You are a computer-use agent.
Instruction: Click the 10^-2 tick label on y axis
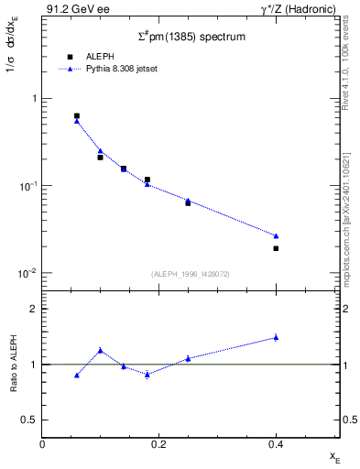27,273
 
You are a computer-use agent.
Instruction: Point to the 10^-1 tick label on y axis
27,186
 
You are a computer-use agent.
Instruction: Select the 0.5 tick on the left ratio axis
30,420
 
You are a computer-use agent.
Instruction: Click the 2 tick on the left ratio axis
34,309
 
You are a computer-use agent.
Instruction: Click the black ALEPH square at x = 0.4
276,248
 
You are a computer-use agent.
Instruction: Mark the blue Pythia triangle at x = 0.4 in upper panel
276,235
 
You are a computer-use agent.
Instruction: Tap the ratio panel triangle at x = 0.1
101,350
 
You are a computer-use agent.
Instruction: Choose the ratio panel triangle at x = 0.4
276,337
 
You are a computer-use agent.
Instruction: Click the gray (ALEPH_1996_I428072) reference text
191,274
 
